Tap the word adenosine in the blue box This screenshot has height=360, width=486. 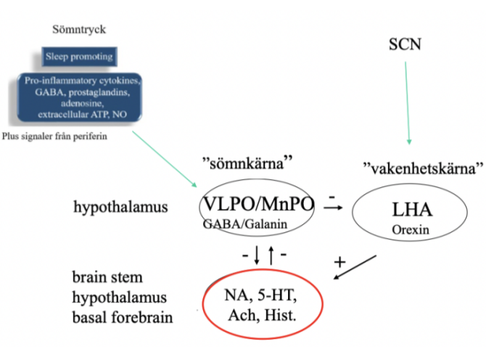click(82, 104)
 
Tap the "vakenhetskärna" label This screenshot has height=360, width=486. click(422, 168)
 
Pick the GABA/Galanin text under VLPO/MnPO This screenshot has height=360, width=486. click(247, 224)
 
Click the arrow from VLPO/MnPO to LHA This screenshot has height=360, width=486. click(333, 208)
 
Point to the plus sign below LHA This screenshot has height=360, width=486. click(337, 260)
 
